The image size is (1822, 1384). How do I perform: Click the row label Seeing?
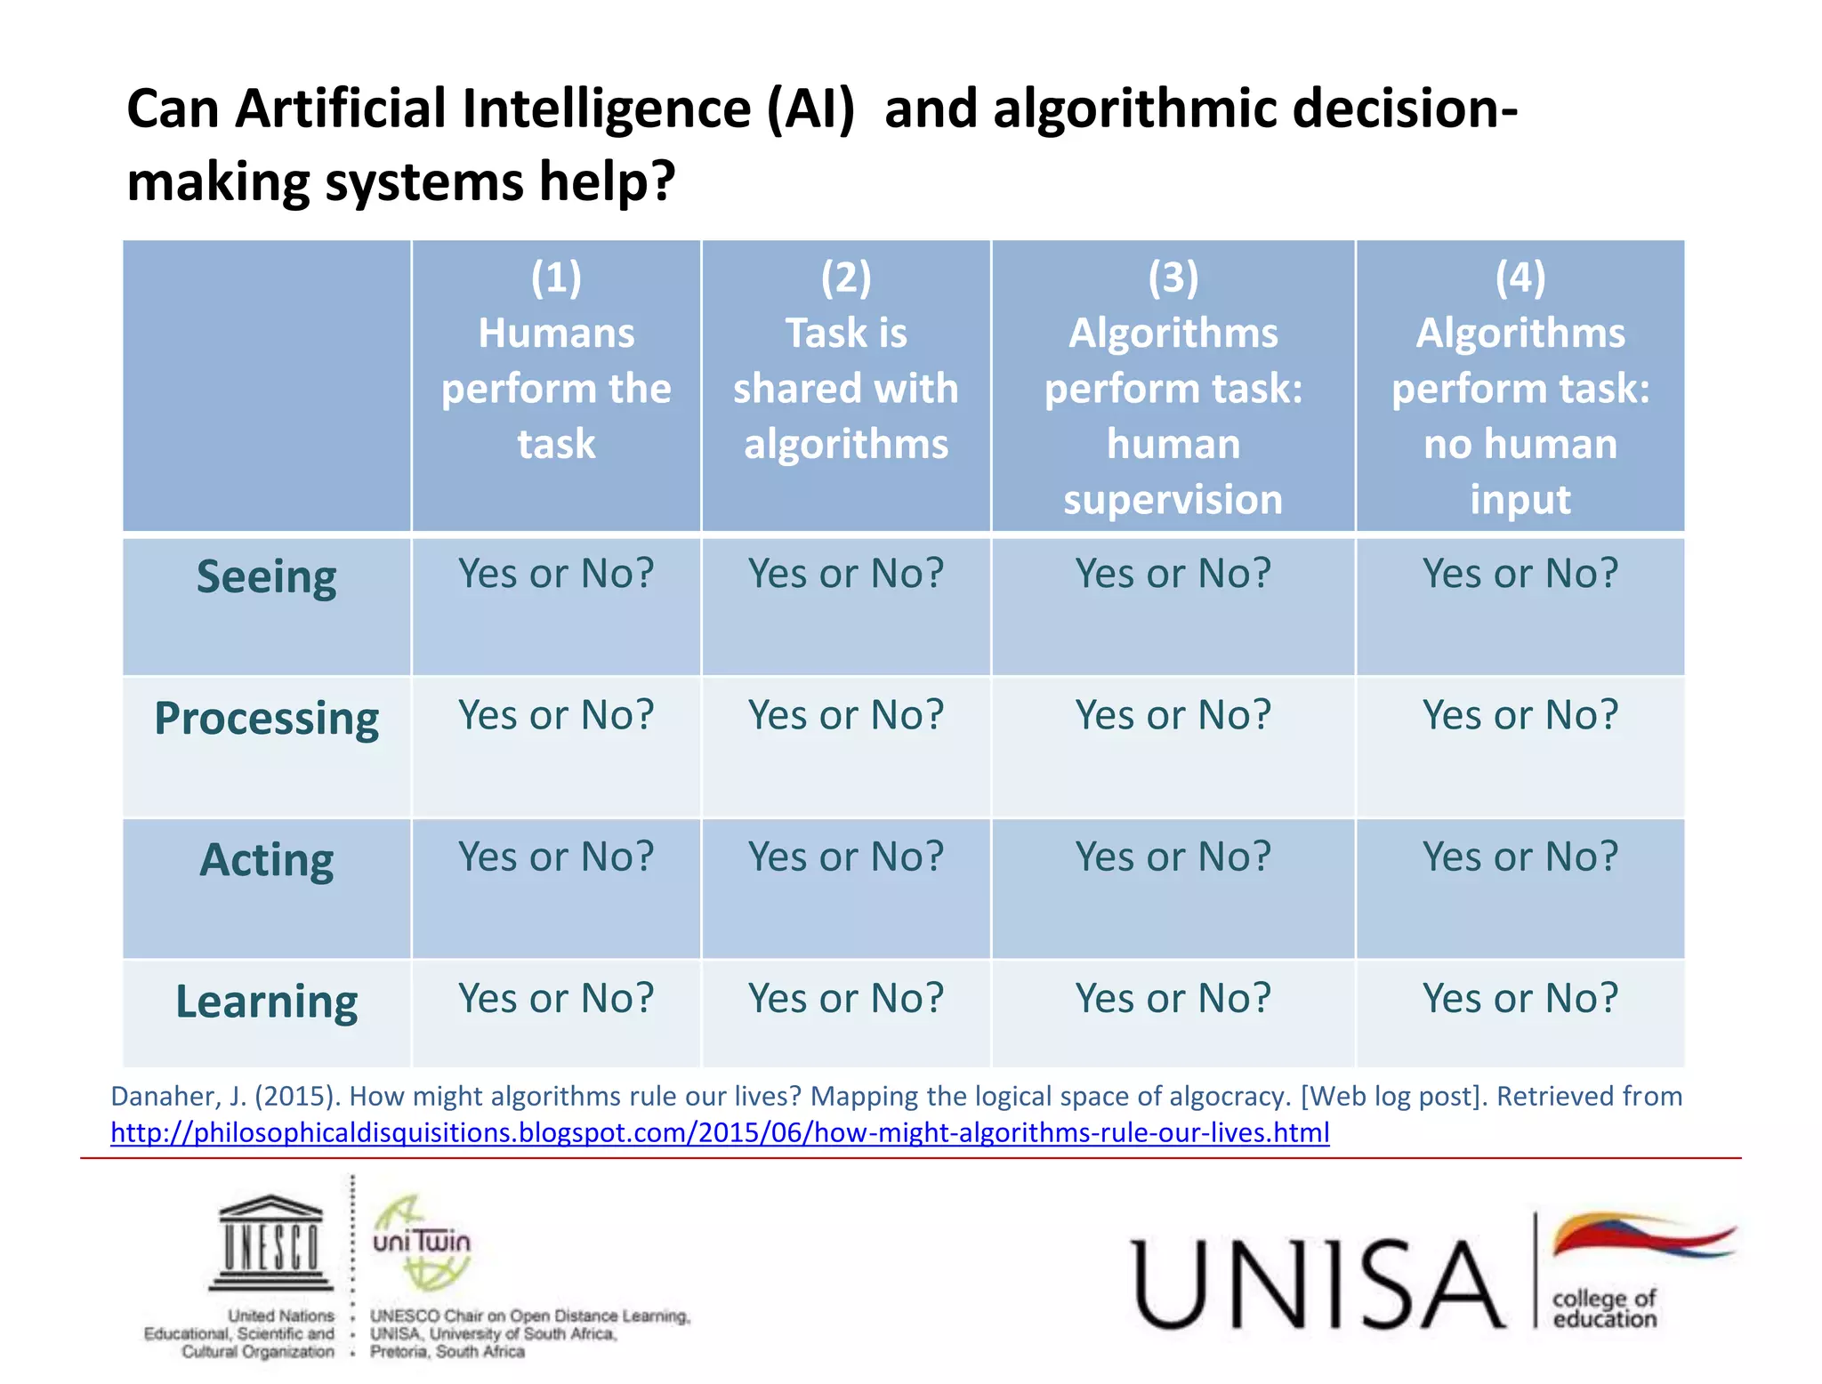(x=266, y=577)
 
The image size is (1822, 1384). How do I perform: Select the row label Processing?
(x=266, y=718)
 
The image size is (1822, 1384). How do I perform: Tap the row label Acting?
(x=266, y=860)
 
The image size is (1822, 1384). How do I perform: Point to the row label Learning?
(x=266, y=1002)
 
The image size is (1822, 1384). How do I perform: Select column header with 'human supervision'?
(x=1173, y=387)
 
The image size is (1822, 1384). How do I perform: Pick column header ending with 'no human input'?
(x=1520, y=387)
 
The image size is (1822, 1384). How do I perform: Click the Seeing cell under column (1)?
(x=556, y=574)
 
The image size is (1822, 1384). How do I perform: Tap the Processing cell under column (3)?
(x=1173, y=715)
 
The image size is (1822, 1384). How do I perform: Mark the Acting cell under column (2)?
(x=845, y=857)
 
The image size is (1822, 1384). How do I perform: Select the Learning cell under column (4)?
(x=1520, y=998)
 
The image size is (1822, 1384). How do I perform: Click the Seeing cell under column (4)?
(x=1520, y=574)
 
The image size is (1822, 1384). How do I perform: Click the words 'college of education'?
(x=1604, y=1308)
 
